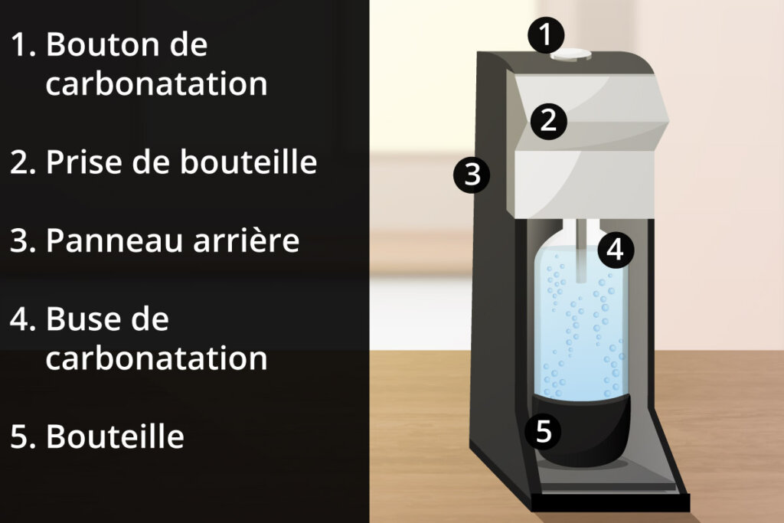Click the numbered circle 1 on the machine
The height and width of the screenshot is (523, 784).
(546, 35)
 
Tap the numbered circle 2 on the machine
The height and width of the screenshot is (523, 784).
(548, 121)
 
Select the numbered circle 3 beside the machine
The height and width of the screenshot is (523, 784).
(472, 175)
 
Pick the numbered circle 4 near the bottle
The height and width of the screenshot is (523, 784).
(616, 250)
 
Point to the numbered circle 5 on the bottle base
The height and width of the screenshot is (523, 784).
(543, 431)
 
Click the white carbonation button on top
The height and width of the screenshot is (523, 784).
(571, 55)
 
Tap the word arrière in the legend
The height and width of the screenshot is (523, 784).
(246, 240)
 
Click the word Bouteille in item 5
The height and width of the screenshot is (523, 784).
(116, 436)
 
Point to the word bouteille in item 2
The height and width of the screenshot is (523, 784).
(248, 162)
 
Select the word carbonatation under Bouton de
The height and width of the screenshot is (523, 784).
(156, 84)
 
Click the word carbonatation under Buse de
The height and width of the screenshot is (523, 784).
(156, 358)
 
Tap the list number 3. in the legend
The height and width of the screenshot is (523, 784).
(23, 240)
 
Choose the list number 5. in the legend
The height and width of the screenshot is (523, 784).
(23, 436)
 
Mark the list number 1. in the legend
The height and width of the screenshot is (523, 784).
(23, 45)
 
